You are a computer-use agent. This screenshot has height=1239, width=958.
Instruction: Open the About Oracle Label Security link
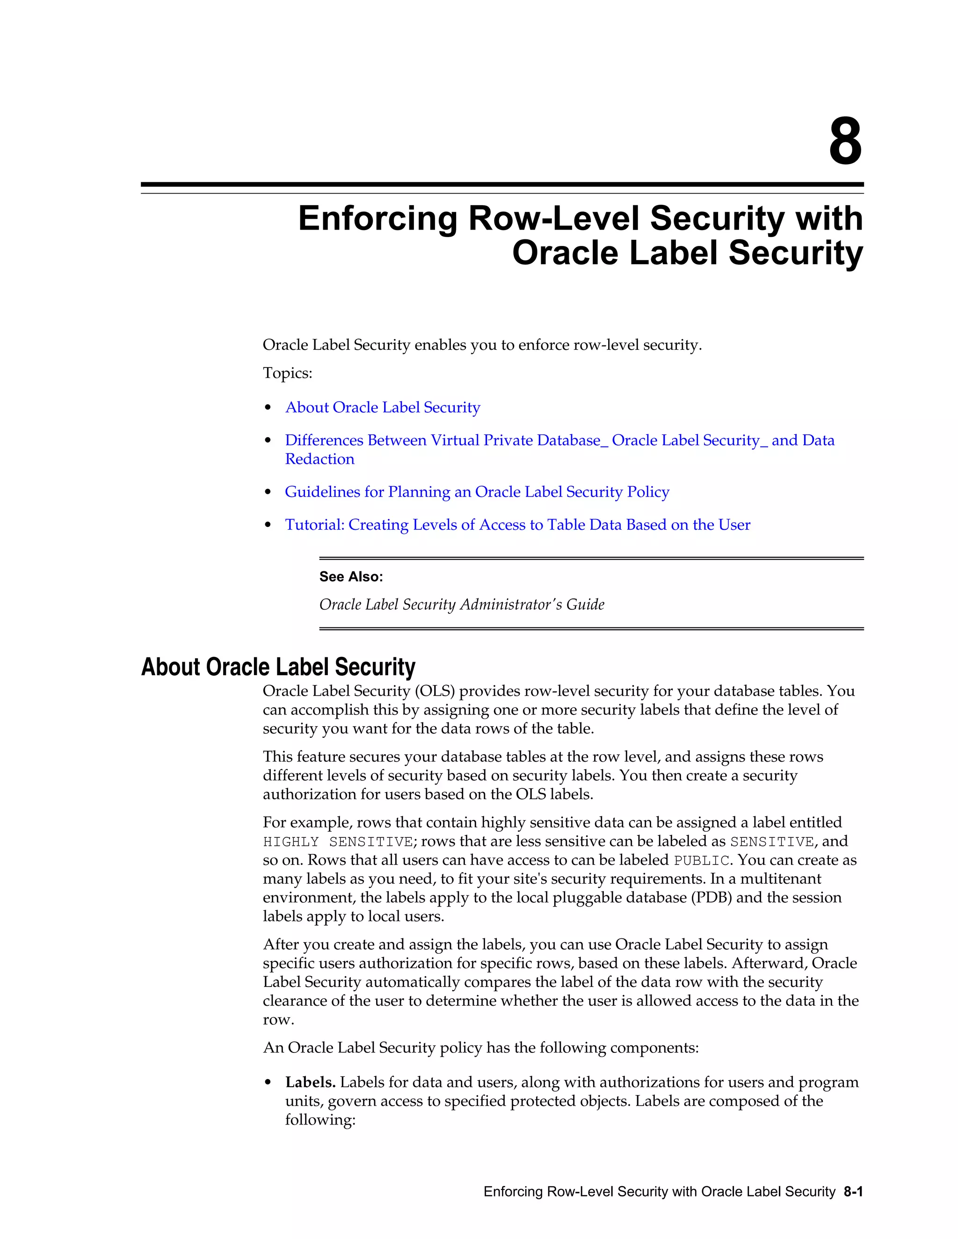[x=383, y=407]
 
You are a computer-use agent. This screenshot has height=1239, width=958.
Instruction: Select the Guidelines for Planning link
[x=477, y=492]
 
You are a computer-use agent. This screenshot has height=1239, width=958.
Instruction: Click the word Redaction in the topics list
[x=319, y=459]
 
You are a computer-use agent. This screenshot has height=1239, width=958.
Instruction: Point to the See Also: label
[x=351, y=576]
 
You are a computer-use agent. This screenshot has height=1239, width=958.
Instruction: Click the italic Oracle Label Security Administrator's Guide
[x=461, y=605]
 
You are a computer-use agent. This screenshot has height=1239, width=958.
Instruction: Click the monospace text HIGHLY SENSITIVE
[x=338, y=842]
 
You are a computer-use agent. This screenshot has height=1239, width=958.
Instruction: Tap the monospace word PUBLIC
[x=700, y=861]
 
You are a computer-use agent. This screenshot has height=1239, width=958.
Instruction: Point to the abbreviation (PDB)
[x=712, y=898]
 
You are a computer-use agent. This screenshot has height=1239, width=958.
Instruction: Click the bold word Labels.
[x=311, y=1082]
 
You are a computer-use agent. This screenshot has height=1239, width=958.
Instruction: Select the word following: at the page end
[x=320, y=1120]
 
